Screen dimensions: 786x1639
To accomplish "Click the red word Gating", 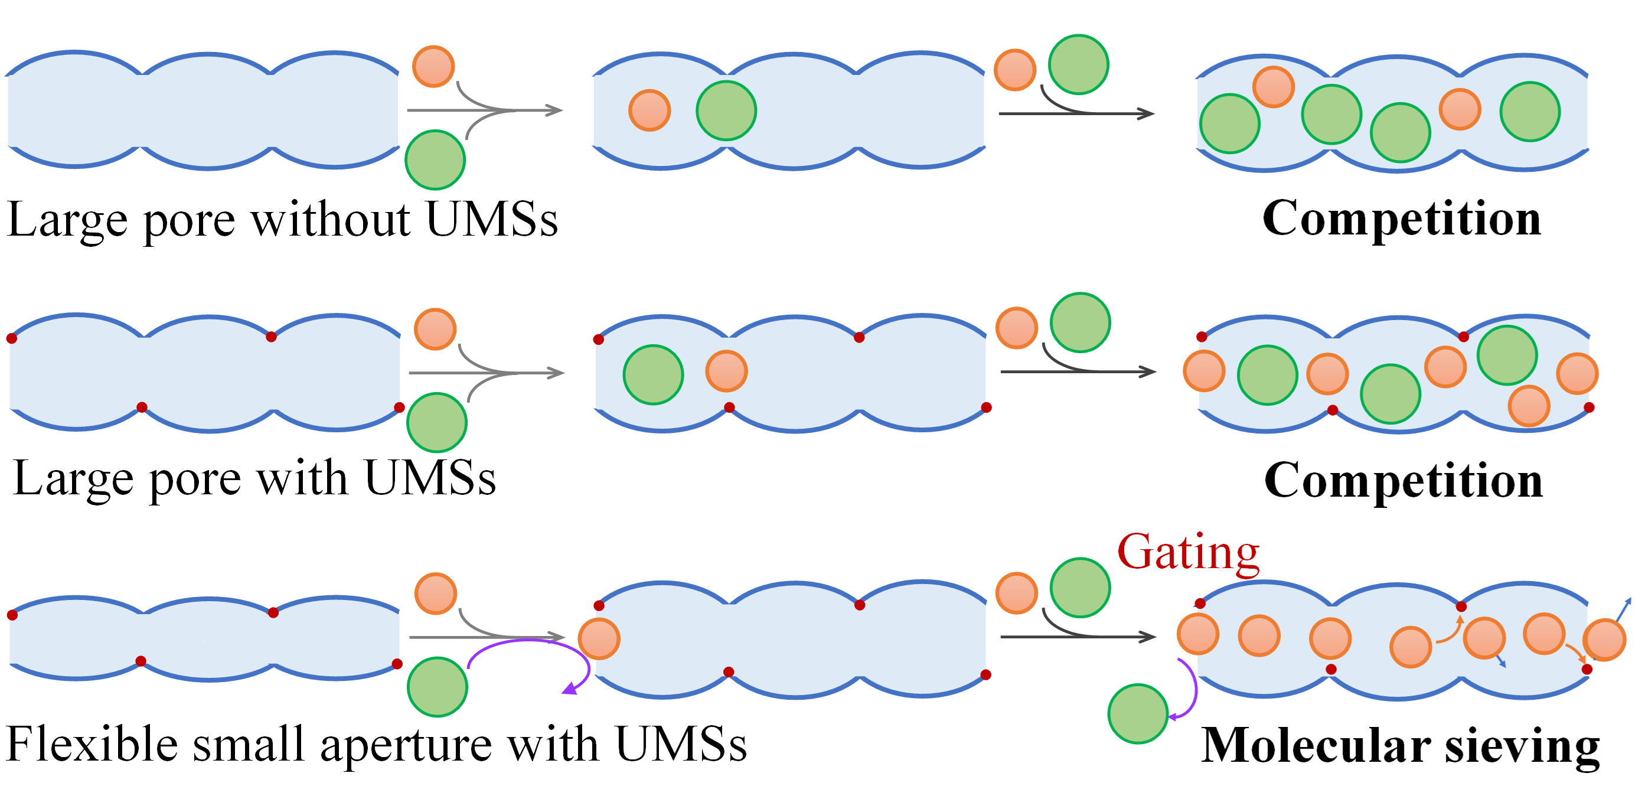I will [x=1188, y=552].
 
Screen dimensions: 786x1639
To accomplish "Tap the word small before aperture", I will [x=249, y=743].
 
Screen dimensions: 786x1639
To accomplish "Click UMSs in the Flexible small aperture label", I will [x=681, y=743].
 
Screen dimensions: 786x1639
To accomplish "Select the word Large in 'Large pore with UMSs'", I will [x=70, y=478].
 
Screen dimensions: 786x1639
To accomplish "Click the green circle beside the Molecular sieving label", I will [x=1138, y=713].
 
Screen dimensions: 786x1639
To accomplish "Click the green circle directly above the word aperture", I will [x=437, y=687].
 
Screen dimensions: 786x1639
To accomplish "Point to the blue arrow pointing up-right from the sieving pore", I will [x=1623, y=611].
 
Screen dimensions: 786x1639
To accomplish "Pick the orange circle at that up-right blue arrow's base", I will [x=1604, y=640].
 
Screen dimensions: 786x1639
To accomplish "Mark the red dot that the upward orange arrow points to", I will [x=1461, y=606].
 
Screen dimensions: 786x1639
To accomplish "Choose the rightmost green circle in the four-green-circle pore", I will [x=1530, y=112].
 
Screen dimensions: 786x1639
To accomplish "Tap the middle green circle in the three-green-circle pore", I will [x=1390, y=394].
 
